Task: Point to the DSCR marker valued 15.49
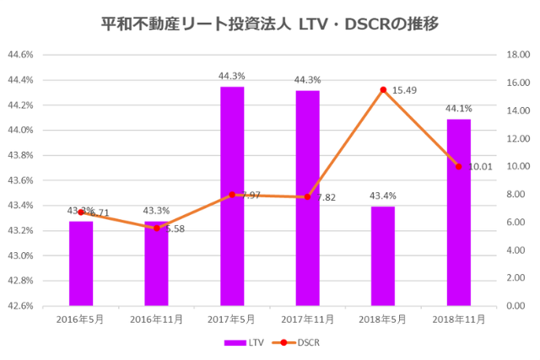(383, 89)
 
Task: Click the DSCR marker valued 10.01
(458, 166)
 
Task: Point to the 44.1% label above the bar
(458, 109)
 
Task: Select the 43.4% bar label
(382, 196)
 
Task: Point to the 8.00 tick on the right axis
(515, 194)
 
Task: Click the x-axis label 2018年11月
(458, 320)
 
